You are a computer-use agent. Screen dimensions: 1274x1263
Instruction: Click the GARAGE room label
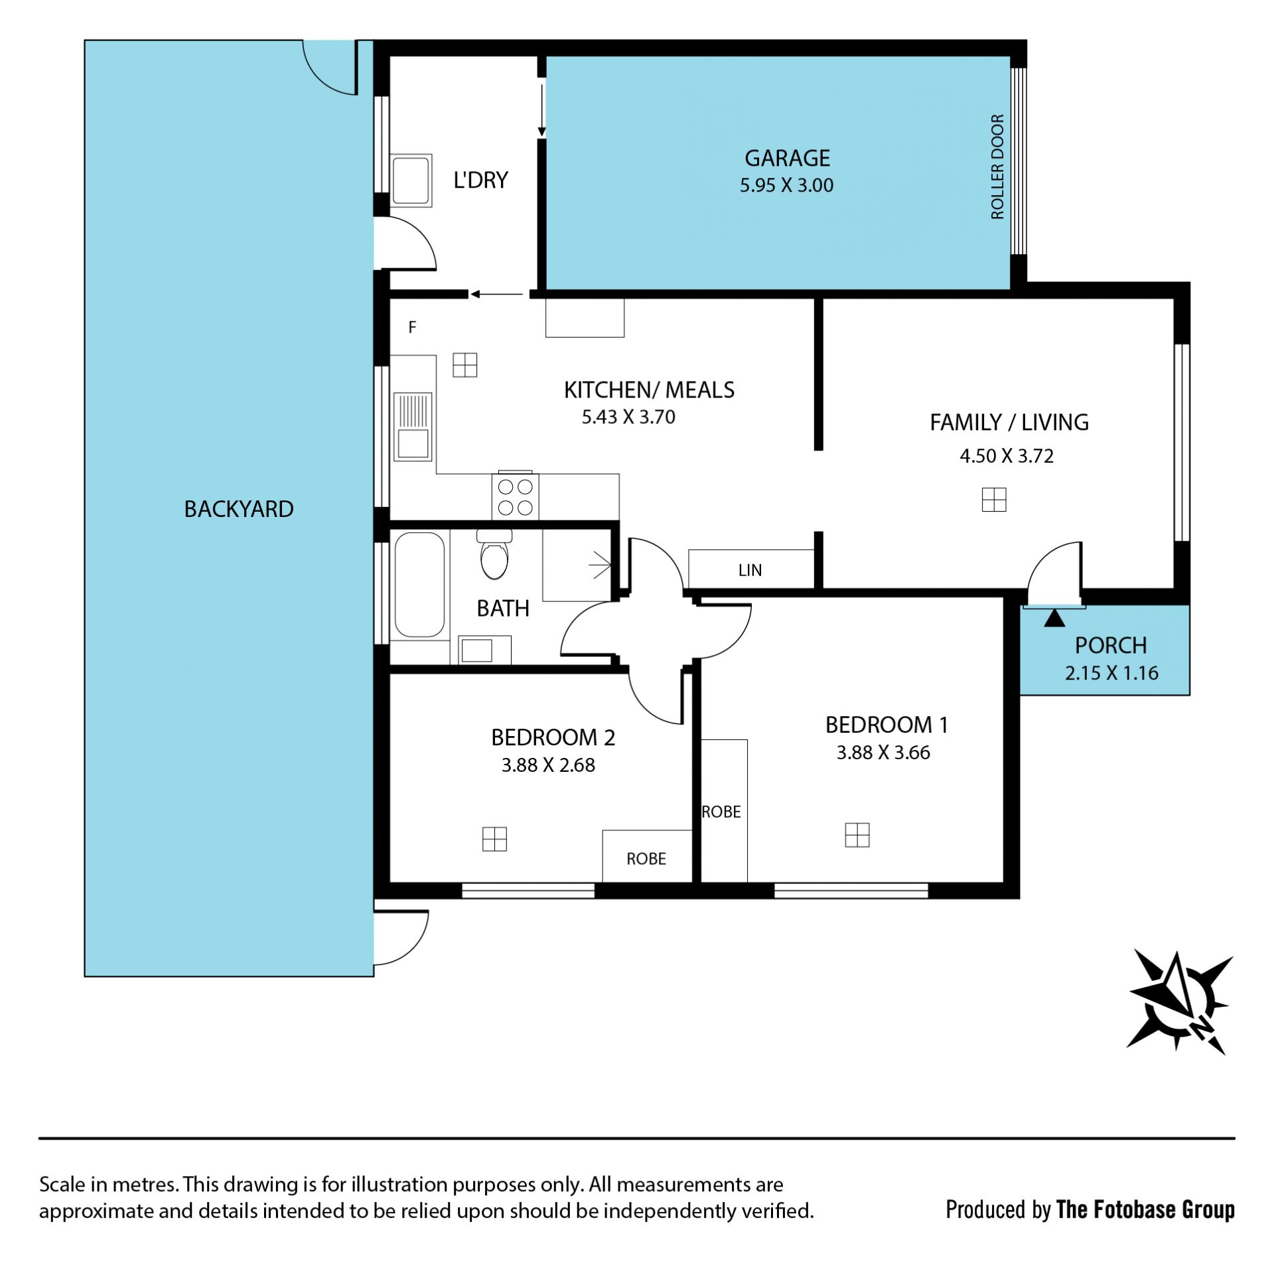pyautogui.click(x=787, y=158)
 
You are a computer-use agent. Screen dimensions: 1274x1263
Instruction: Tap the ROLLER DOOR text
pyautogui.click(x=997, y=167)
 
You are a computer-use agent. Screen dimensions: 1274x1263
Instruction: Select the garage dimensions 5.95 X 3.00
pyautogui.click(x=786, y=185)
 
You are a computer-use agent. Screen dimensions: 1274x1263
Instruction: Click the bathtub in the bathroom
pyautogui.click(x=419, y=585)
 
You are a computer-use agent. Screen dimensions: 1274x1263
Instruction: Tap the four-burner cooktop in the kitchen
pyautogui.click(x=515, y=496)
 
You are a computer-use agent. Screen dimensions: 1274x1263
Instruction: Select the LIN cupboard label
pyautogui.click(x=750, y=570)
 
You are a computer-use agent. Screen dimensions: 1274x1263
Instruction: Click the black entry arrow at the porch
pyautogui.click(x=1054, y=619)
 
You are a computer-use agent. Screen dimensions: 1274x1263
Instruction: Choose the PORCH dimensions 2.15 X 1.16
pyautogui.click(x=1111, y=673)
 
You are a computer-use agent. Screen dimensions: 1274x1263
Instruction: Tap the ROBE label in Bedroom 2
pyautogui.click(x=646, y=859)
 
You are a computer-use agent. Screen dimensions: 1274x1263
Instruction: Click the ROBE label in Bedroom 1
pyautogui.click(x=721, y=812)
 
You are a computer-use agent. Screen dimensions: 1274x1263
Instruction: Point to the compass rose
pyautogui.click(x=1180, y=1002)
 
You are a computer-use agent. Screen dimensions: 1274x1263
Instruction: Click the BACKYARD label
pyautogui.click(x=239, y=509)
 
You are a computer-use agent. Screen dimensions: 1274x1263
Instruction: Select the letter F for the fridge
pyautogui.click(x=412, y=327)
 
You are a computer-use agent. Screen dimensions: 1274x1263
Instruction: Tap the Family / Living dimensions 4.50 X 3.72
pyautogui.click(x=1007, y=456)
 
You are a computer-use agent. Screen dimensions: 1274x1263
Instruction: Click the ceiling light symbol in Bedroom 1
pyautogui.click(x=857, y=835)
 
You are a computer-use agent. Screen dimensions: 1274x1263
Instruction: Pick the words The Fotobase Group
pyautogui.click(x=1145, y=1209)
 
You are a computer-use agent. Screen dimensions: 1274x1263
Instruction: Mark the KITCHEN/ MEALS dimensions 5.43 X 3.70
pyautogui.click(x=628, y=417)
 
